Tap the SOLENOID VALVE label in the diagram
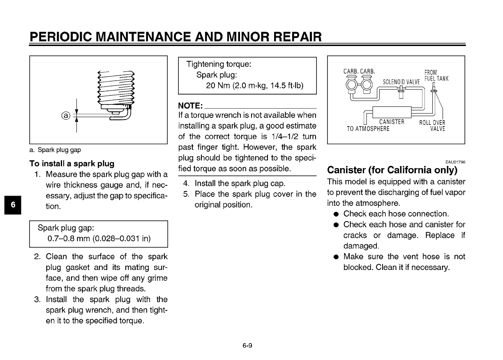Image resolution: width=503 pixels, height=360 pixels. click(401, 82)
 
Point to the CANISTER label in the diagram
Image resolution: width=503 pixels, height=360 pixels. click(392, 122)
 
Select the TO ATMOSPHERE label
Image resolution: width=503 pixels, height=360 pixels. click(368, 129)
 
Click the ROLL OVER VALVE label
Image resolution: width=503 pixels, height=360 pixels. click(432, 125)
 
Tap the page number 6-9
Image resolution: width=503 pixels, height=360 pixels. click(247, 346)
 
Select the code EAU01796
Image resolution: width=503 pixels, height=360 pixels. click(454, 162)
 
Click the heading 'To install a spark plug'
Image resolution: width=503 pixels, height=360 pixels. click(72, 163)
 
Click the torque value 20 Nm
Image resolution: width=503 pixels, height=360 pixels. click(219, 85)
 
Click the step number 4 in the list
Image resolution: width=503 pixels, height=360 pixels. click(186, 183)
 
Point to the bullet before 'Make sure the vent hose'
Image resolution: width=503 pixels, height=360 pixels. click(336, 257)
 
